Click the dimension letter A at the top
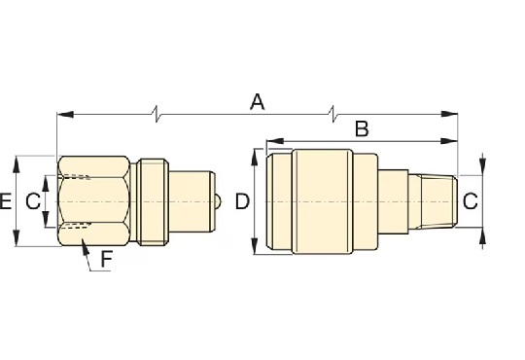pyautogui.click(x=257, y=102)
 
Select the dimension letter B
pyautogui.click(x=362, y=128)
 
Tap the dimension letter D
pyautogui.click(x=242, y=201)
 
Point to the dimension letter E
pyautogui.click(x=6, y=201)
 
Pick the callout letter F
pyautogui.click(x=107, y=260)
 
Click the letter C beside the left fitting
pyautogui.click(x=33, y=201)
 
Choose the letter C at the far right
pyautogui.click(x=471, y=201)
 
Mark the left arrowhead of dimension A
pyautogui.click(x=65, y=115)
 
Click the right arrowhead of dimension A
pyautogui.click(x=449, y=114)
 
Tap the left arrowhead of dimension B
pyautogui.click(x=275, y=141)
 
